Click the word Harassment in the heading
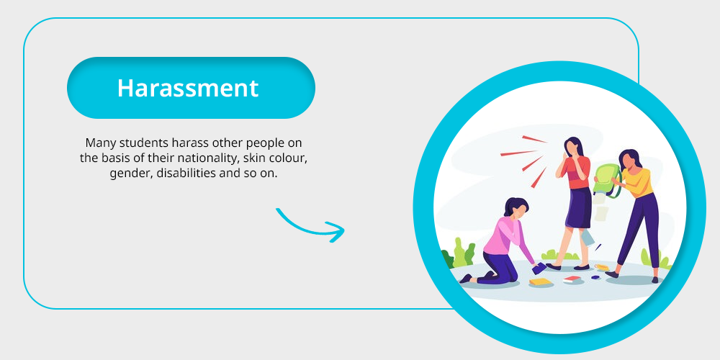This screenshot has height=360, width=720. (x=188, y=88)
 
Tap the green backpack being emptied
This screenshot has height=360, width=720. (x=606, y=181)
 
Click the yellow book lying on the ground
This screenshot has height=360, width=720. (x=540, y=282)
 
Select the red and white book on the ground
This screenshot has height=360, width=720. (x=572, y=279)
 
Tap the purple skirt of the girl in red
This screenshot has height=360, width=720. (x=579, y=207)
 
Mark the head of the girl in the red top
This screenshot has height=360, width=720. (x=574, y=147)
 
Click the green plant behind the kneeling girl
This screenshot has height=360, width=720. (x=464, y=253)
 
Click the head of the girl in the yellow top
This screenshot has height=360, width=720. (x=629, y=158)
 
